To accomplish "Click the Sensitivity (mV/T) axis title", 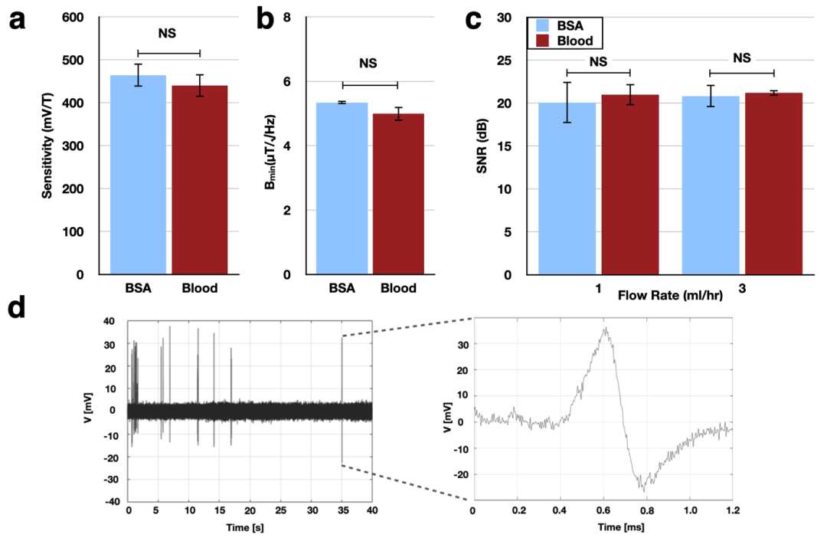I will tap(47, 146).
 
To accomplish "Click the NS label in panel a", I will tap(168, 34).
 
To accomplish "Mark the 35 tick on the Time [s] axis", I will tap(342, 510).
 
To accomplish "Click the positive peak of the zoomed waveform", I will tap(605, 329).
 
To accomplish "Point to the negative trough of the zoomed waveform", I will tap(644, 489).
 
